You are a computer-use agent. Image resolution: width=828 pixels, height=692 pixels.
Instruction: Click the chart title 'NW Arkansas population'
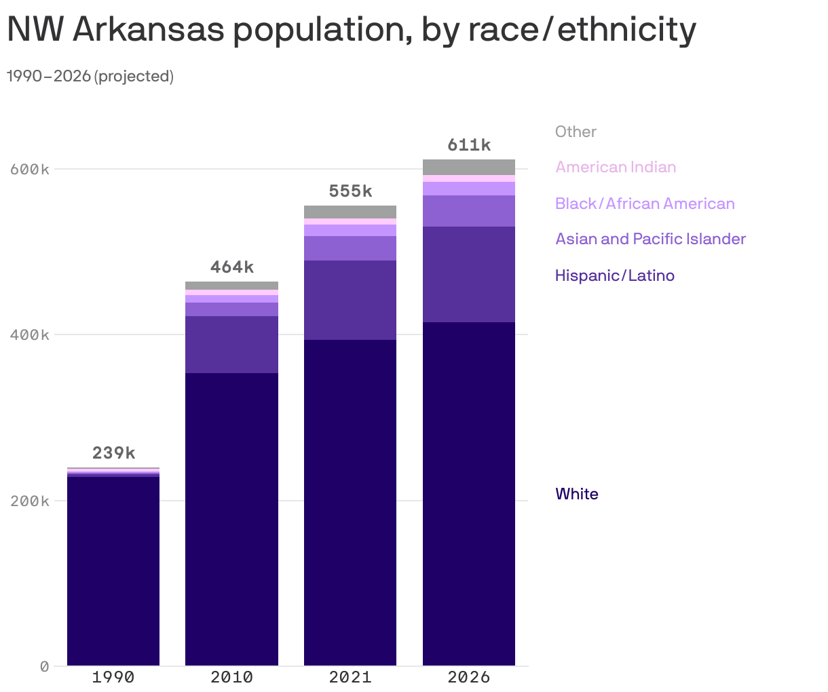tap(351, 30)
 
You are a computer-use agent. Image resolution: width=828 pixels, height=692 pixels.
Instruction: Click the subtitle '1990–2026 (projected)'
tap(90, 77)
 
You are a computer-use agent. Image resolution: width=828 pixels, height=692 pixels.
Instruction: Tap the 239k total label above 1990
tap(113, 453)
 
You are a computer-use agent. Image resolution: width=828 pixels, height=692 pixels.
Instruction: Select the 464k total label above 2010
tap(231, 267)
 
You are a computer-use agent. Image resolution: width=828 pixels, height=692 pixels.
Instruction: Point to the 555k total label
tap(350, 191)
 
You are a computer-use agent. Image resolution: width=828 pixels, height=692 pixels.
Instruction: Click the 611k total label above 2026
tap(469, 145)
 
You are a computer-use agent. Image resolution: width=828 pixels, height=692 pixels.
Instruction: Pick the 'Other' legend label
tap(576, 132)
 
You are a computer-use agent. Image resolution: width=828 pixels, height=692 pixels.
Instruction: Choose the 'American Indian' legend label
tap(616, 168)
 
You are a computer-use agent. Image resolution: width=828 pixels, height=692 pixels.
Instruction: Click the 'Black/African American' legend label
tap(645, 204)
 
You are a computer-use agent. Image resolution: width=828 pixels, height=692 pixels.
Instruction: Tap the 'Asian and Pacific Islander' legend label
tap(650, 239)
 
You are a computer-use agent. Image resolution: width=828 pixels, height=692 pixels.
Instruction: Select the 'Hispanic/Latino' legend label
tap(615, 275)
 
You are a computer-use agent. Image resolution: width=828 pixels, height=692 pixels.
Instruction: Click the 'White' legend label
tap(577, 494)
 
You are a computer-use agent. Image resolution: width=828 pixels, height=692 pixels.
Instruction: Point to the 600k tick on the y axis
tap(30, 169)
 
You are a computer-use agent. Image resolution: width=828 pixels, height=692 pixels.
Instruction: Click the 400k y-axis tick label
tap(30, 335)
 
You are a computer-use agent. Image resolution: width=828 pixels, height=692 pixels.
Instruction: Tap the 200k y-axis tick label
tap(30, 501)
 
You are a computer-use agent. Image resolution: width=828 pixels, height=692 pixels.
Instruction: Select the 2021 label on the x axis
tap(350, 677)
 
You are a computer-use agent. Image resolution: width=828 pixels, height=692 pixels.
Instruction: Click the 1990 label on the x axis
tap(113, 677)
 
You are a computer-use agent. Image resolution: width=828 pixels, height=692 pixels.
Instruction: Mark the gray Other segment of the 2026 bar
tap(469, 167)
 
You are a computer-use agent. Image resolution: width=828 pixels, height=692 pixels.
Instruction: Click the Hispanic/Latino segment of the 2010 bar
tap(231, 345)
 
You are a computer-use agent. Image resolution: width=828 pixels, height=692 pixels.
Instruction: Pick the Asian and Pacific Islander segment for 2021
tap(350, 248)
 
